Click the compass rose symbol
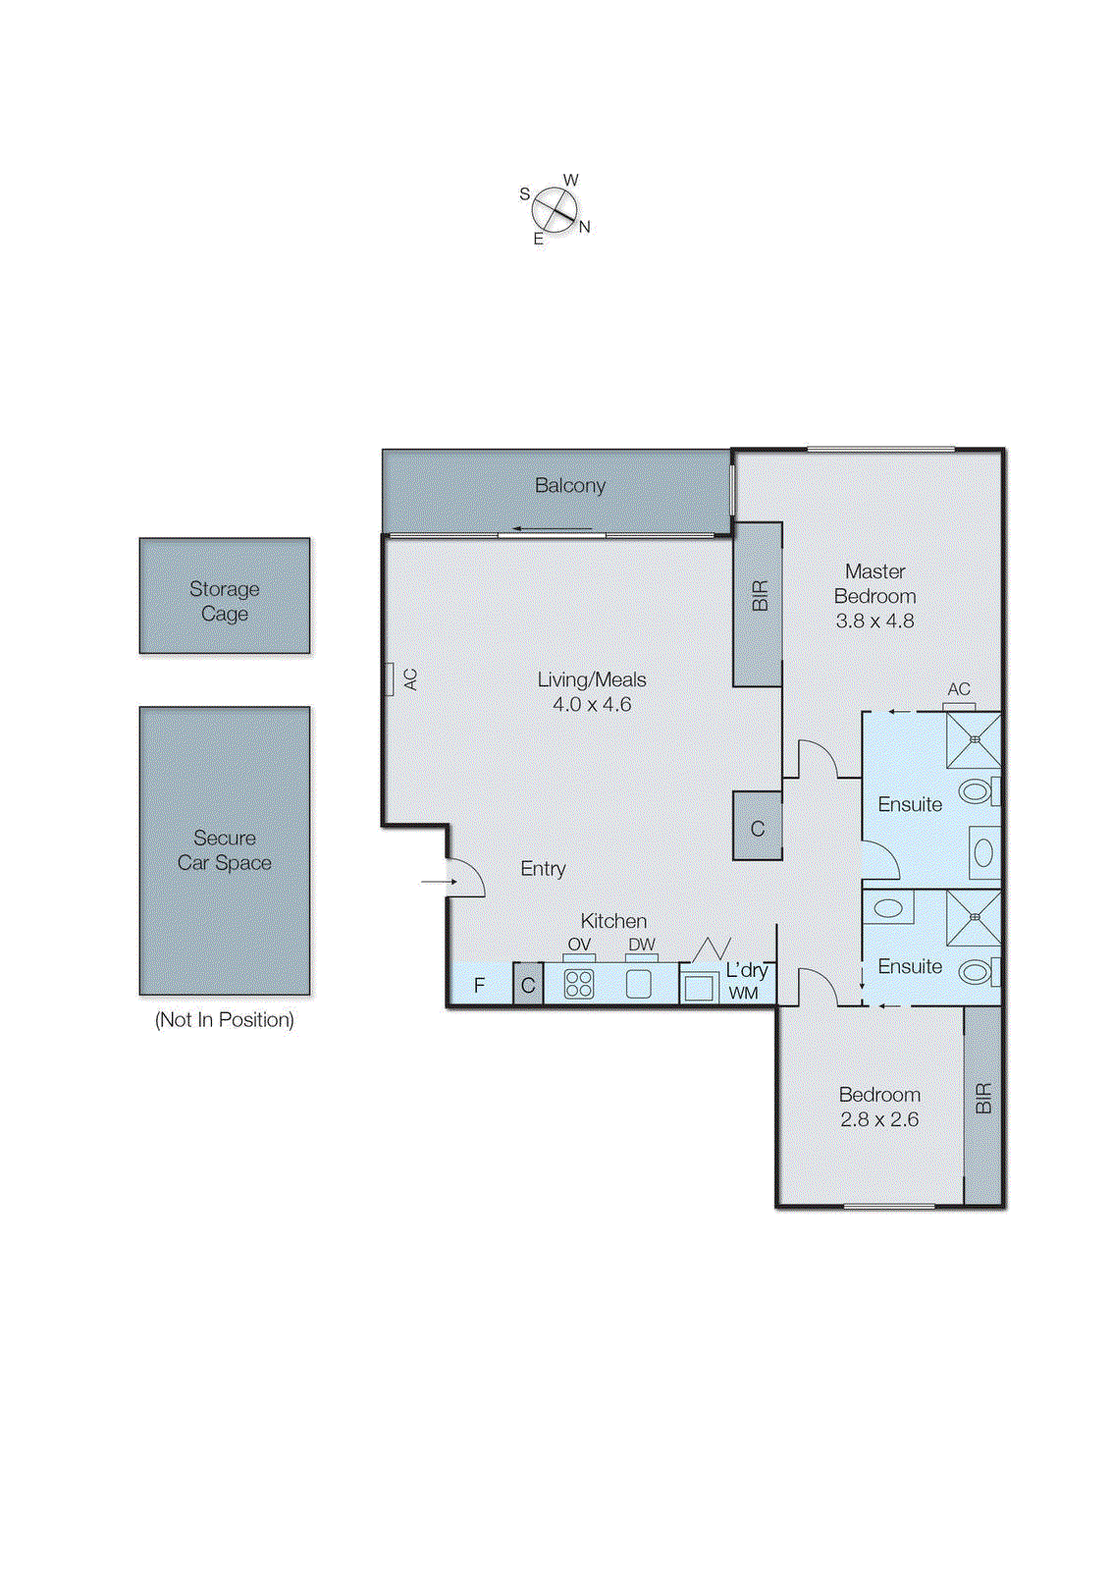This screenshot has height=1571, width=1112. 555,209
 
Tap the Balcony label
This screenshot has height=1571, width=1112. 569,485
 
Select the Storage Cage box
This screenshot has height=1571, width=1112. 224,596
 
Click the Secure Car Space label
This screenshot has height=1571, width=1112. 224,850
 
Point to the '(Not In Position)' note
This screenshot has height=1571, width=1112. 224,1020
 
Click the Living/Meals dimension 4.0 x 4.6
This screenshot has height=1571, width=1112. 591,704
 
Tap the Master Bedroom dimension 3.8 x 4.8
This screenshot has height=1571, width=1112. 874,621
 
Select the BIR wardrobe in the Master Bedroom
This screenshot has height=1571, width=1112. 758,603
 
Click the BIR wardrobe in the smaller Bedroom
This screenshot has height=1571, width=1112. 982,1105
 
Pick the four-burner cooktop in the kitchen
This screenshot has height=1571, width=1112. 578,984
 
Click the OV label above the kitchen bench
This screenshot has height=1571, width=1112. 579,945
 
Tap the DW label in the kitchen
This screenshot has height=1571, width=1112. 641,945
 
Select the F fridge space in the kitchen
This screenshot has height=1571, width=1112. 479,985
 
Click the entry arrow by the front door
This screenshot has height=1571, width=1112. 439,882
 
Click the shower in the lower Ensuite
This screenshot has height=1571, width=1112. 974,917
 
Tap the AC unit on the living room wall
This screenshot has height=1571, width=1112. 390,678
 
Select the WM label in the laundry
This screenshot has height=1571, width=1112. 743,993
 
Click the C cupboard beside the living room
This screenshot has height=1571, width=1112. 757,828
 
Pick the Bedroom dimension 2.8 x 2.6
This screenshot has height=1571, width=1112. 878,1119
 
